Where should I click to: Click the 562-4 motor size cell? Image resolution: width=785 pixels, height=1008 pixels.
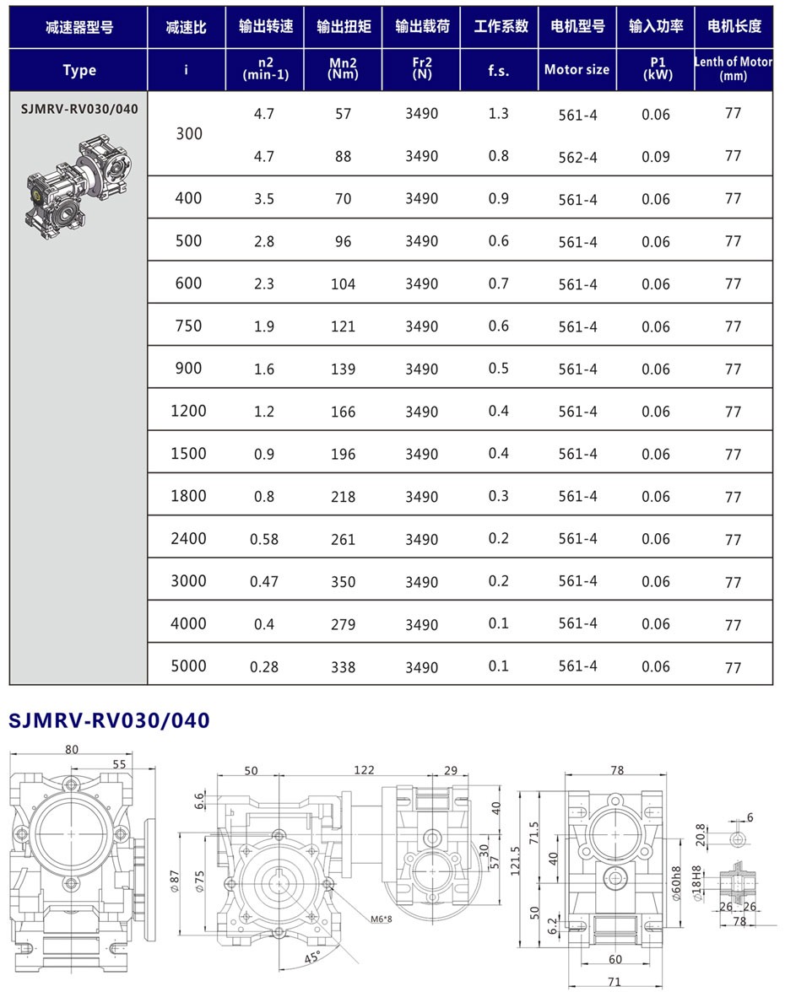pyautogui.click(x=577, y=157)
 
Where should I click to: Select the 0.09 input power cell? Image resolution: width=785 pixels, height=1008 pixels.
pyautogui.click(x=655, y=157)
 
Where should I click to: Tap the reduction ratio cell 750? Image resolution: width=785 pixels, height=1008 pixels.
pyautogui.click(x=187, y=326)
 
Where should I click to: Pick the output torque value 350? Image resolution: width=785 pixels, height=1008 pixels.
pyautogui.click(x=343, y=582)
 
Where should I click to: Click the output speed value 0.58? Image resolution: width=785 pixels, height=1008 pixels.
pyautogui.click(x=264, y=539)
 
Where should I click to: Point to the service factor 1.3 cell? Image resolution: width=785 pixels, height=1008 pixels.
pyautogui.click(x=499, y=114)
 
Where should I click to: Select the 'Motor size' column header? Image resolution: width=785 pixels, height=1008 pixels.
pyautogui.click(x=577, y=70)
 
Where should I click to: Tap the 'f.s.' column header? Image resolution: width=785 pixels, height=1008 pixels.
pyautogui.click(x=499, y=71)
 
